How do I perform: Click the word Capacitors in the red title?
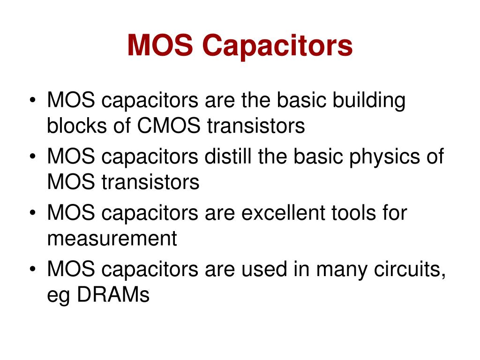pos(277,46)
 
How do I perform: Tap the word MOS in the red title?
pos(160,45)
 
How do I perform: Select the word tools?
pos(353,213)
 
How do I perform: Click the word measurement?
pos(112,239)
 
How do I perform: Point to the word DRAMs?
pos(113,295)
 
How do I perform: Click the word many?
pos(342,271)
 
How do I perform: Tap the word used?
pos(264,269)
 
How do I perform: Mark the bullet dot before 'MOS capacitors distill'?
pos(33,157)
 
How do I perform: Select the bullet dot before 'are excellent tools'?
pos(33,213)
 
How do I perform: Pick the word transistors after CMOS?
pos(256,126)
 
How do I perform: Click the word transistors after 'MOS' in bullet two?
pos(150,182)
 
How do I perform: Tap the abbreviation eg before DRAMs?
pos(59,297)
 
